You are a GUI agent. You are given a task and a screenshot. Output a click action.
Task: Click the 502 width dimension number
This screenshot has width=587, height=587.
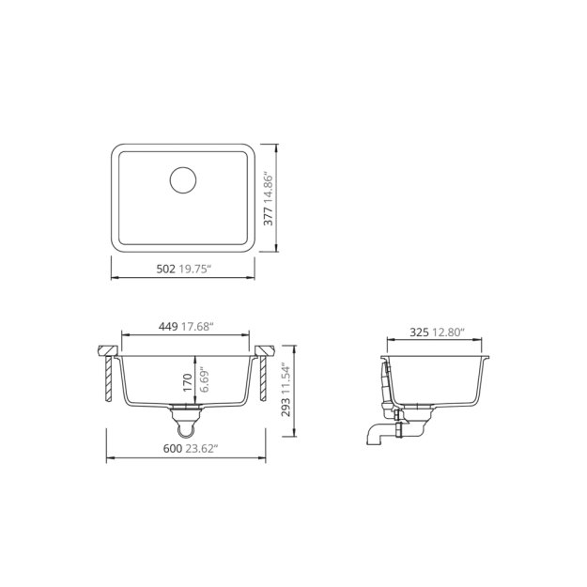164,269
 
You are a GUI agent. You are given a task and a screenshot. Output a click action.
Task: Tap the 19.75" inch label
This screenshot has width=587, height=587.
195,269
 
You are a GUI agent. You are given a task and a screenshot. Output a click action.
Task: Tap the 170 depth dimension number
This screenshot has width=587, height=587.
188,382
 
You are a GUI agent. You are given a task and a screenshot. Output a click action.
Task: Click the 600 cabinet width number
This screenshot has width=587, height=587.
172,449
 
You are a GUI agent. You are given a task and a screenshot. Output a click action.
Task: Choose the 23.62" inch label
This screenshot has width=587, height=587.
203,449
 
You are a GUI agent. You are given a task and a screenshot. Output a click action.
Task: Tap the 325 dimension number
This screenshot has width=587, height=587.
420,332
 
